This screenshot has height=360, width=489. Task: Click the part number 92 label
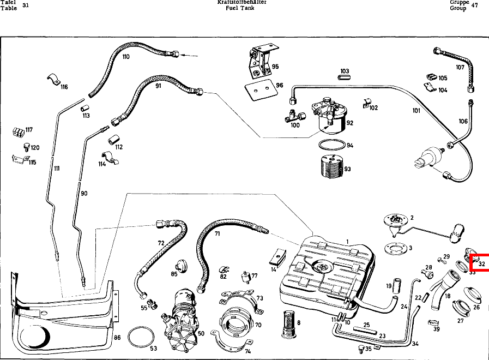click(349, 123)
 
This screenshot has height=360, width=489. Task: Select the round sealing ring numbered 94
click(331, 146)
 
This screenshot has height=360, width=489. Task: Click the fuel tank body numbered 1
click(327, 273)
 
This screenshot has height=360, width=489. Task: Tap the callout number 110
click(126, 57)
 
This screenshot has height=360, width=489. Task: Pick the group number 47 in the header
click(474, 5)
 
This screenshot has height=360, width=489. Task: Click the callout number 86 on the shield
click(117, 338)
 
